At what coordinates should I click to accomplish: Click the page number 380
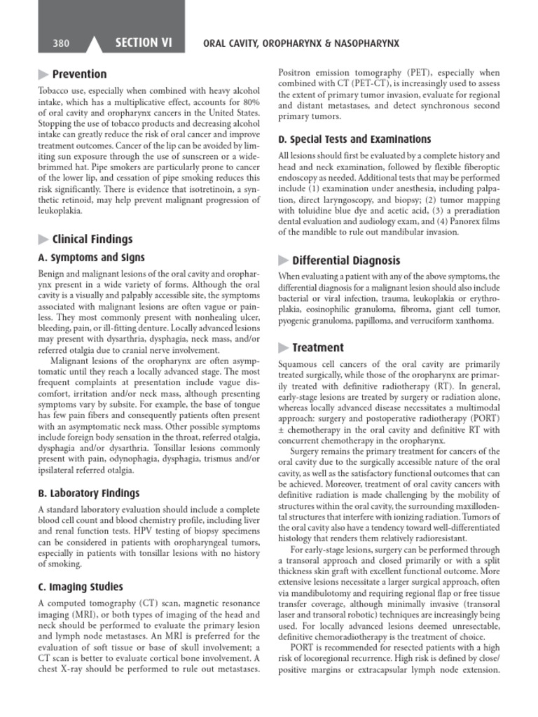pos(61,43)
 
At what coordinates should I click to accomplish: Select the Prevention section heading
pos(80,74)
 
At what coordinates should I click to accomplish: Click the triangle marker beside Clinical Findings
pos(43,239)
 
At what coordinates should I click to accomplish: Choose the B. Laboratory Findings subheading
pos(88,493)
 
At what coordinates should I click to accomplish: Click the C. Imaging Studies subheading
pos(80,587)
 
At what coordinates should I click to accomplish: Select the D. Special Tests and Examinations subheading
pos(354,139)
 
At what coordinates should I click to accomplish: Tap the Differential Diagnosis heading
pos(346,260)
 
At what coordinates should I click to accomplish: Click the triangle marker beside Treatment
pos(284,347)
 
